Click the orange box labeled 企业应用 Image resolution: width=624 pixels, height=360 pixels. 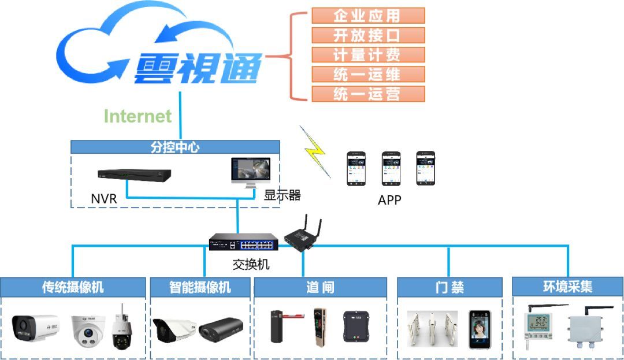pos(368,16)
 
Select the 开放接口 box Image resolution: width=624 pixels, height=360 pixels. pos(368,35)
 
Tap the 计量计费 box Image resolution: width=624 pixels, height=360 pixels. pos(368,55)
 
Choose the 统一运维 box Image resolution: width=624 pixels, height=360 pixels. pos(368,75)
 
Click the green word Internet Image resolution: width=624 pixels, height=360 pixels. pos(138,116)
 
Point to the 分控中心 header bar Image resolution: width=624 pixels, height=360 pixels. pos(175,147)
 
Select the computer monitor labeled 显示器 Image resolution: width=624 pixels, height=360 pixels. pos(250,172)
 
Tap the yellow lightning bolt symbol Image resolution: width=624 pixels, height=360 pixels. pos(314,151)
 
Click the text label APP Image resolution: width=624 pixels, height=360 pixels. pos(389,201)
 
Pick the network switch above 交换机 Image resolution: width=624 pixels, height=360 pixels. pos(243,242)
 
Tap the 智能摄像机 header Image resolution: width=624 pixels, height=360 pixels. pos(200,287)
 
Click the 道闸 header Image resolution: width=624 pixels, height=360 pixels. pos(320,287)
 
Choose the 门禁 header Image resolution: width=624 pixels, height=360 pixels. pos(449,287)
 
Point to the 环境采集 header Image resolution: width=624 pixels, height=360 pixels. pos(567,287)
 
